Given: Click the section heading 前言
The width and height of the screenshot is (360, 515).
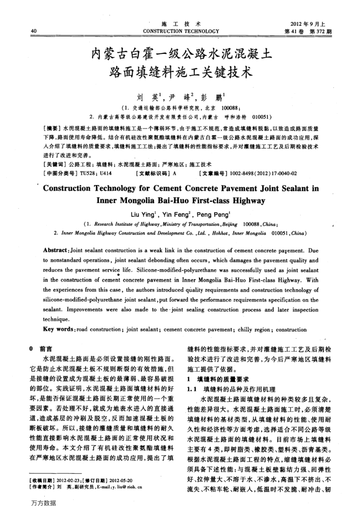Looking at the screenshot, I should [46, 335].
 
